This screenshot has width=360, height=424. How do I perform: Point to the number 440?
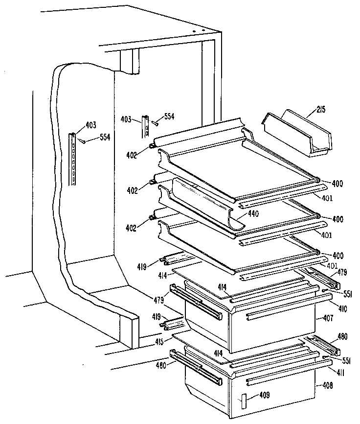point(252,213)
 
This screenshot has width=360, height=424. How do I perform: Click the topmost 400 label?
point(337,184)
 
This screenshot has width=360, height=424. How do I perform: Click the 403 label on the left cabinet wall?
point(90,125)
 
